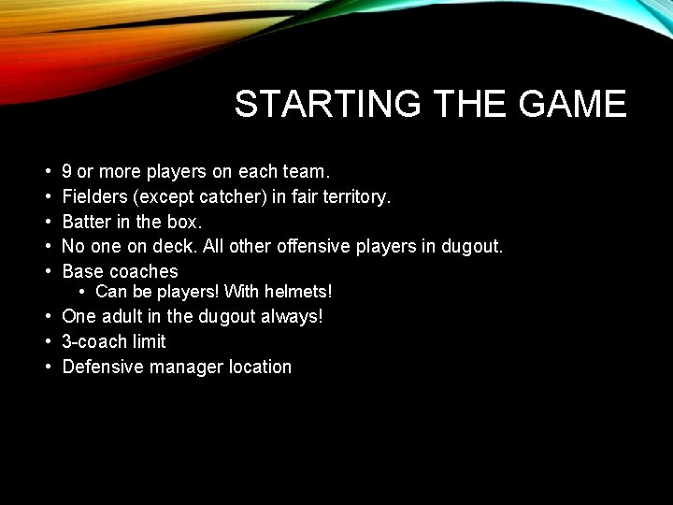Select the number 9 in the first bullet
(x=67, y=172)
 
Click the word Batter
(x=87, y=222)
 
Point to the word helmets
(x=298, y=293)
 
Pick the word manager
(x=184, y=367)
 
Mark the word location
(x=261, y=367)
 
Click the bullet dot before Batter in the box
(x=47, y=222)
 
